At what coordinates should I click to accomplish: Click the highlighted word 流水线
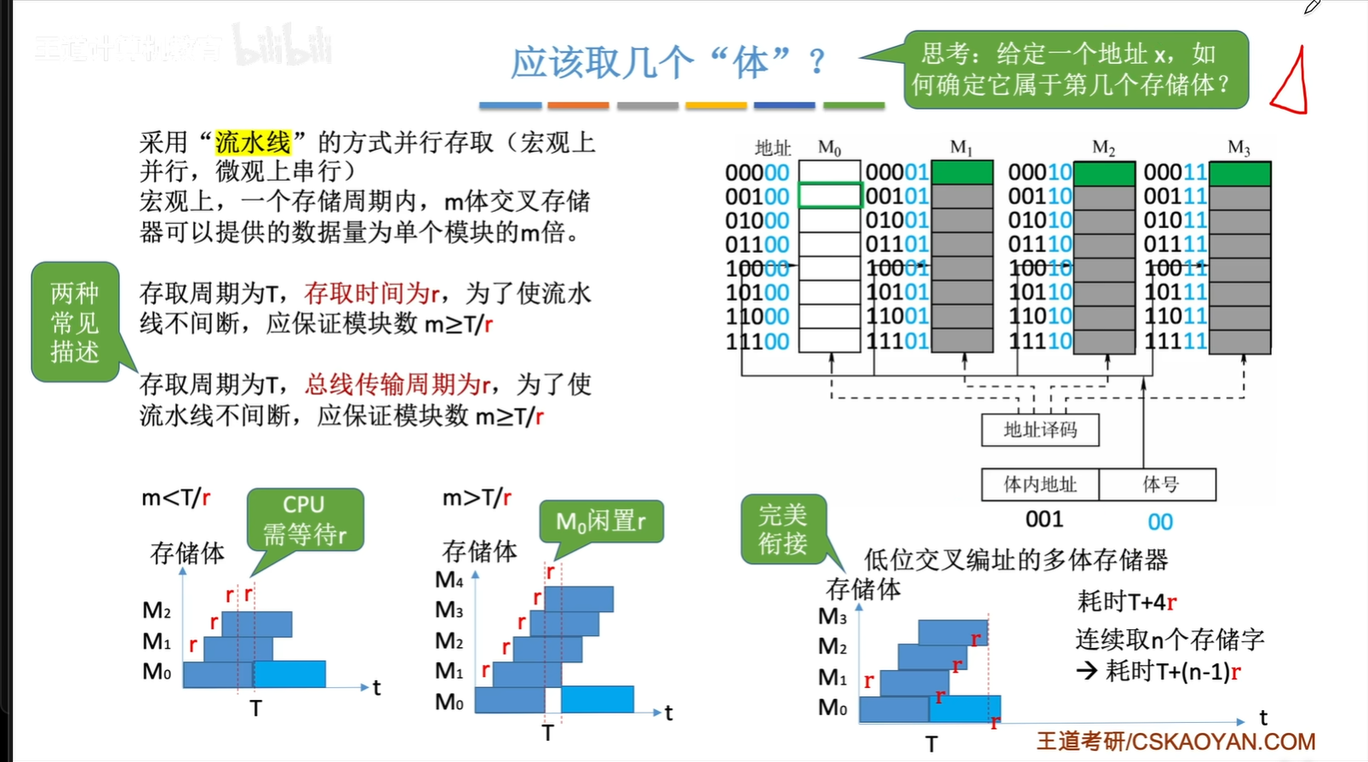(253, 142)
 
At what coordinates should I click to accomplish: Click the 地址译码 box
(1039, 430)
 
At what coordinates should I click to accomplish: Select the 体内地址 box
(1039, 484)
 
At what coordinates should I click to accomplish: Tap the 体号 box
(1159, 484)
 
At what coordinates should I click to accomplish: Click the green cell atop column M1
(962, 173)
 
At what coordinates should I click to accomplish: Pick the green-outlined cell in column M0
(829, 196)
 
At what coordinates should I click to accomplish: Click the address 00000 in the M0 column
(757, 173)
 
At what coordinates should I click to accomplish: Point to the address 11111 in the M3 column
(1176, 341)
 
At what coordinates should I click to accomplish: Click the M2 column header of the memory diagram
(1103, 148)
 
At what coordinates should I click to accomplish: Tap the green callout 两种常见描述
(75, 323)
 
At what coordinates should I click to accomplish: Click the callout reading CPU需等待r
(305, 519)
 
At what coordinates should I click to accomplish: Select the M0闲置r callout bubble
(601, 521)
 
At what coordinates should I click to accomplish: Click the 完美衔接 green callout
(782, 529)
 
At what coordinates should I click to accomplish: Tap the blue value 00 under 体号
(1159, 521)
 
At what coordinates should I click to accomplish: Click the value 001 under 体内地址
(1044, 519)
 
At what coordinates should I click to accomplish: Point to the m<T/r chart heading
(175, 497)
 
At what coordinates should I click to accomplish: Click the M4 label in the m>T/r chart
(449, 580)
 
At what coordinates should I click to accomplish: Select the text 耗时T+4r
(1126, 602)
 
